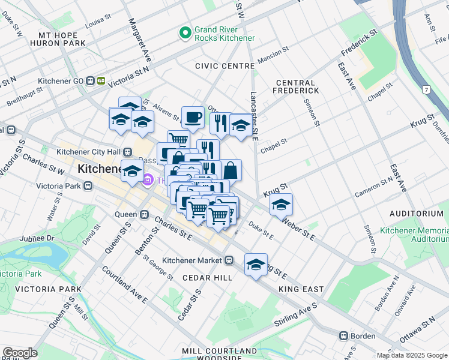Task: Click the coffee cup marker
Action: (193, 117)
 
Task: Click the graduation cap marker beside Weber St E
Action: (281, 205)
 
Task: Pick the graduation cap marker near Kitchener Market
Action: (256, 265)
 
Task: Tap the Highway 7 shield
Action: (426, 89)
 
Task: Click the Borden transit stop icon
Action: (344, 336)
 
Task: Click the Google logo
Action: (20, 353)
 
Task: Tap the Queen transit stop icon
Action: (144, 214)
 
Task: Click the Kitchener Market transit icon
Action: (229, 260)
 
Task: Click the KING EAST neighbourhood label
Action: (301, 289)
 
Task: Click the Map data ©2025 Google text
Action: (411, 355)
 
